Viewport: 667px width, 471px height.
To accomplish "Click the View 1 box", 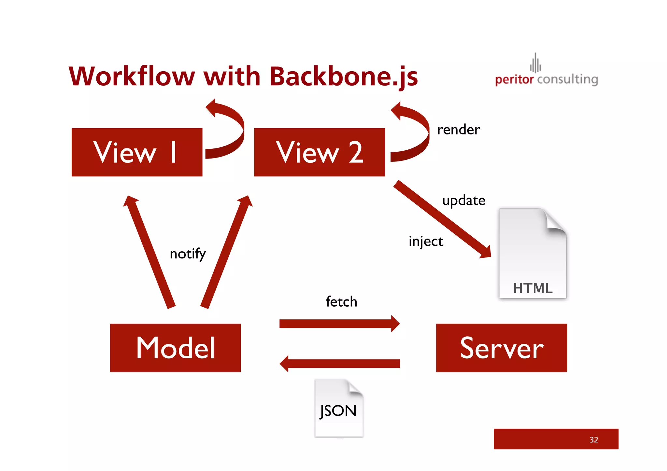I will (137, 152).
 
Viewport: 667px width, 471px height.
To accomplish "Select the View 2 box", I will (319, 152).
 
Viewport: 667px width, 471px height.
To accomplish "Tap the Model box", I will (175, 348).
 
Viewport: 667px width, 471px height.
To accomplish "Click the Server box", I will (501, 348).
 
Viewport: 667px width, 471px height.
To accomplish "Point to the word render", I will (458, 130).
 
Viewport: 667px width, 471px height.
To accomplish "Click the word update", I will (463, 201).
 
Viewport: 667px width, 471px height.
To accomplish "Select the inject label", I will (426, 242).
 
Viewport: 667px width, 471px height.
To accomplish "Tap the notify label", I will (188, 254).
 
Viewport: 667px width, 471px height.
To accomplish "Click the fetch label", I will (341, 302).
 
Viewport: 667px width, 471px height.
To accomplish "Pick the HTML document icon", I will (532, 253).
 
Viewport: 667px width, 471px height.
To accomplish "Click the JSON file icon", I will (339, 408).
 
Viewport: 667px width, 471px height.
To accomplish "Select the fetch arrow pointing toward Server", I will (339, 324).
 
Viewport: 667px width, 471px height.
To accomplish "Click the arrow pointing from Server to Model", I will (340, 364).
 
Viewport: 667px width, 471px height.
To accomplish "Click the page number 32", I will (593, 440).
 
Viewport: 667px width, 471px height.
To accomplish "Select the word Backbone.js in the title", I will (343, 77).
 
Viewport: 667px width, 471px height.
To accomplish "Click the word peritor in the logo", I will (514, 79).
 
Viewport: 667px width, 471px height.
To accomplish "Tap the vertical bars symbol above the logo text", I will (535, 63).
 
